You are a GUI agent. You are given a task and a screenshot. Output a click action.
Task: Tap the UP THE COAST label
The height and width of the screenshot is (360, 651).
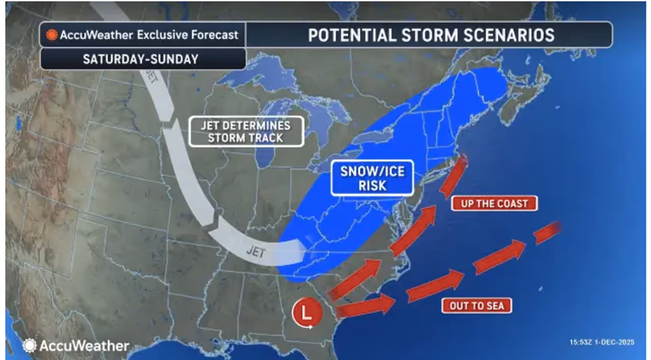click(494, 204)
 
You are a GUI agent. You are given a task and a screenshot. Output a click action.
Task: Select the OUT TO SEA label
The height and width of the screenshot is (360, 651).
click(477, 306)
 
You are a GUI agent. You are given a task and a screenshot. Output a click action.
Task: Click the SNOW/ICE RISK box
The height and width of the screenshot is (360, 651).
click(372, 178)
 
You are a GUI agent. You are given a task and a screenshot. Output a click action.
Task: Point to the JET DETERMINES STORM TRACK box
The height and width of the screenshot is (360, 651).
click(247, 132)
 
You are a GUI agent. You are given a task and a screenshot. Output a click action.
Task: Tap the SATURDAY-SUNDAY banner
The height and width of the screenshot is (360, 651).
click(141, 59)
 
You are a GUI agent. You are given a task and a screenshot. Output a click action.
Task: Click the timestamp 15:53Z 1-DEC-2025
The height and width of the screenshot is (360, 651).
click(602, 342)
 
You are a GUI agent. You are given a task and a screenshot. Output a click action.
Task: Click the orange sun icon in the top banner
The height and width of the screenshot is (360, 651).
click(52, 36)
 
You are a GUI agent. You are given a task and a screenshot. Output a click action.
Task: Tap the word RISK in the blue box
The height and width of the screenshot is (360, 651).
click(372, 186)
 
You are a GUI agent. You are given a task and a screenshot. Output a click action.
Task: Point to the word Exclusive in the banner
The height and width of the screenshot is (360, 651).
click(168, 35)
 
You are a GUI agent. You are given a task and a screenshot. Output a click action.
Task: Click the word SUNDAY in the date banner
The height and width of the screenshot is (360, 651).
click(176, 59)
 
